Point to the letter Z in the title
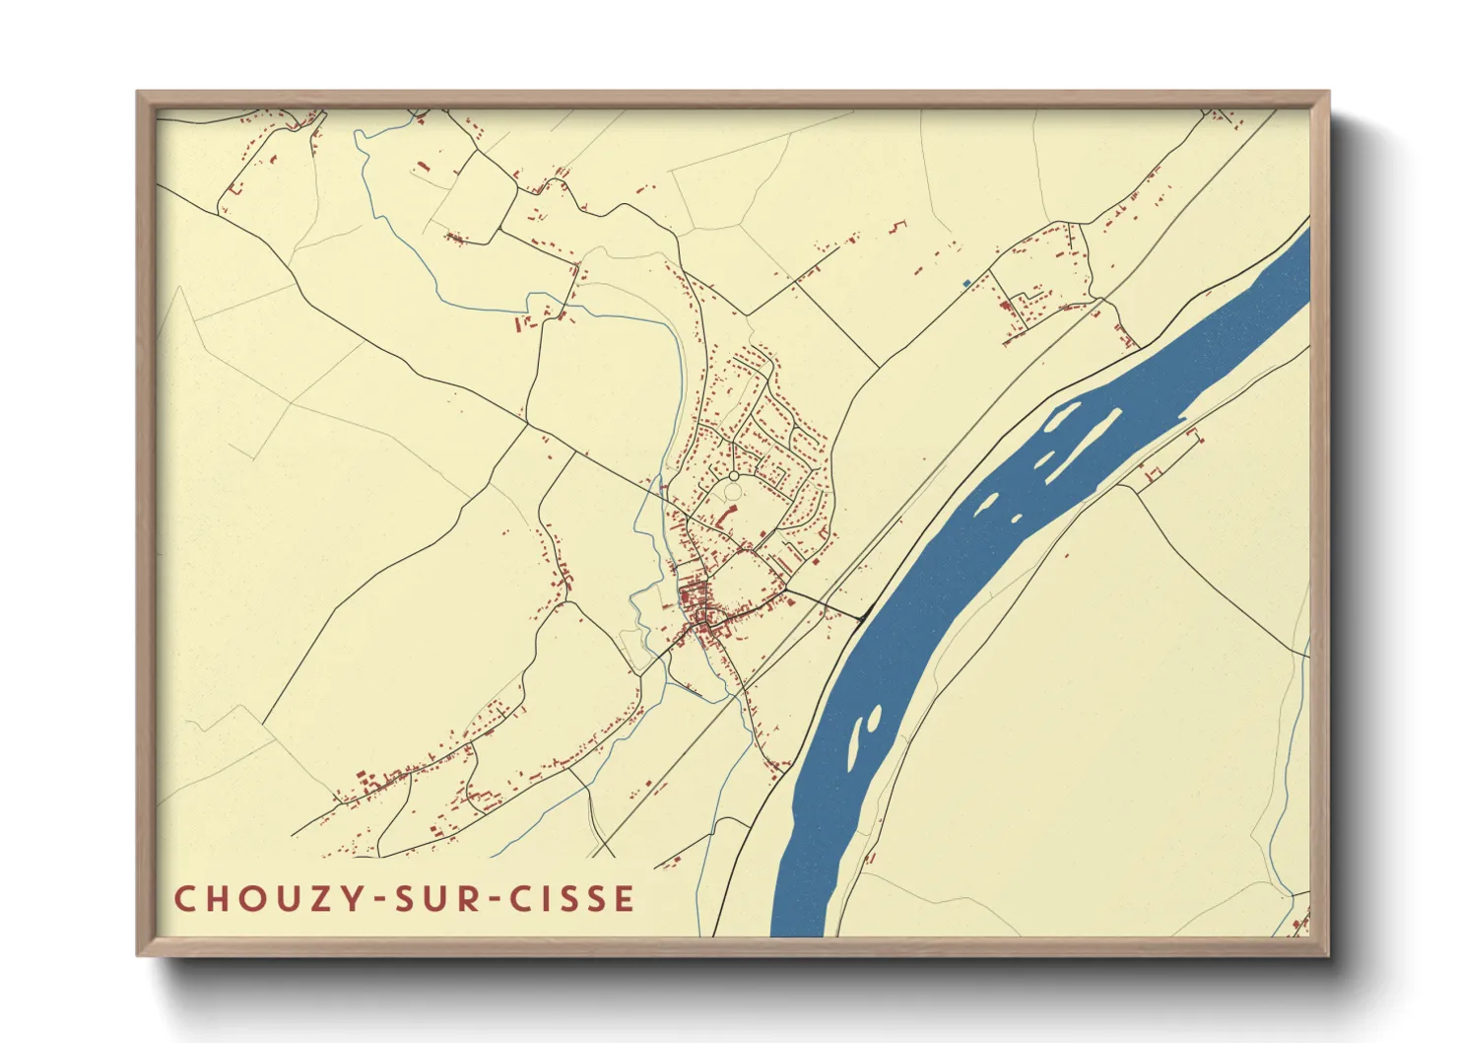click(x=310, y=899)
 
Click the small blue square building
click(x=966, y=283)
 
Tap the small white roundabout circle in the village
click(x=733, y=477)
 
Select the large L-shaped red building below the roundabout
click(x=727, y=517)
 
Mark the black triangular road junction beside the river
click(x=860, y=618)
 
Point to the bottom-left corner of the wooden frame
click(x=139, y=954)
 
